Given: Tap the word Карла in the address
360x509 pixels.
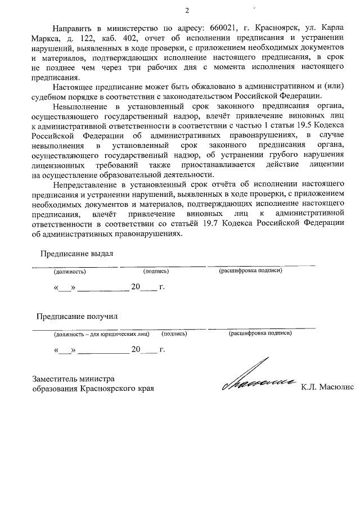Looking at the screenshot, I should [x=332, y=28].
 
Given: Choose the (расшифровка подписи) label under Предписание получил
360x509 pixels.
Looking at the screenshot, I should [x=259, y=334].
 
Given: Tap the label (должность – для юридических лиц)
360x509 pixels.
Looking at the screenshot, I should [x=101, y=334].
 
